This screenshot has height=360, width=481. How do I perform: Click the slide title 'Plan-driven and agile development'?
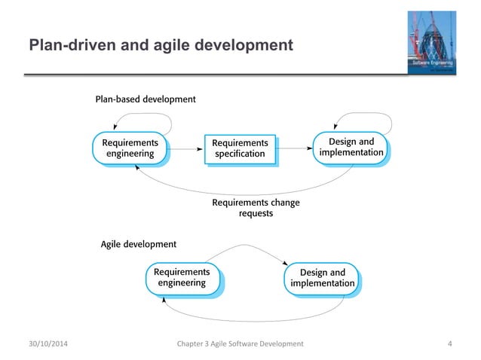[161, 47]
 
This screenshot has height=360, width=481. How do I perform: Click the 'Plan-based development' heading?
[146, 99]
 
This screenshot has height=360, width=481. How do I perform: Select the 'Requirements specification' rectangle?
[240, 148]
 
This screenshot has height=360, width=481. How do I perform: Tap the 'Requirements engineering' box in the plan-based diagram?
[130, 148]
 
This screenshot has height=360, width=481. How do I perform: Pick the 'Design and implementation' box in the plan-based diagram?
[351, 148]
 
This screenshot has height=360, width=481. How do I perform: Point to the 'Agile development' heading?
[139, 244]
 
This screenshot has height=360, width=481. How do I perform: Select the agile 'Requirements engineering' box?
[182, 277]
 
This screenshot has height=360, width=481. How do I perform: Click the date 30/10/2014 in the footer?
[51, 343]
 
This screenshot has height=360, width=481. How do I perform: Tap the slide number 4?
[450, 343]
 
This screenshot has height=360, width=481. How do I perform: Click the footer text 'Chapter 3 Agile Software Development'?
[240, 343]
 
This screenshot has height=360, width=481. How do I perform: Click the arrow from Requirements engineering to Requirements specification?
[185, 148]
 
